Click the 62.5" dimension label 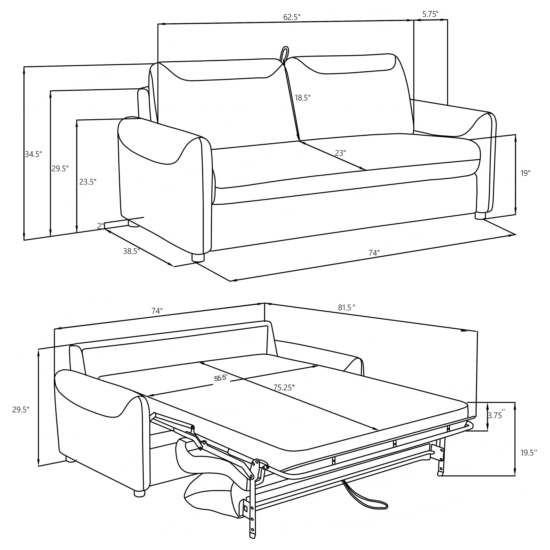[292, 17]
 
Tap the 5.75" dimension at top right [430, 14]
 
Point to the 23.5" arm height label [88, 182]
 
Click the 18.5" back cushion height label [302, 98]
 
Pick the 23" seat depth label [340, 153]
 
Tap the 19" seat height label [526, 173]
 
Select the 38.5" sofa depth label [131, 251]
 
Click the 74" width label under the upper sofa [374, 253]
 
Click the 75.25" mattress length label [284, 387]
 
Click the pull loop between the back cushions [284, 54]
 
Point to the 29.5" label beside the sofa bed [21, 410]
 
